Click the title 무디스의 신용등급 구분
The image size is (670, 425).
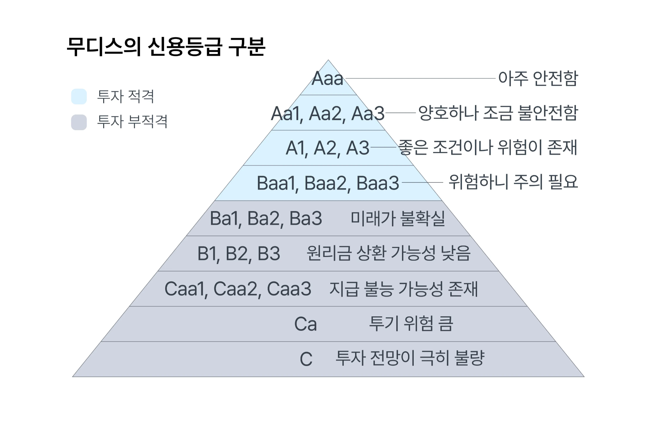pyautogui.click(x=166, y=47)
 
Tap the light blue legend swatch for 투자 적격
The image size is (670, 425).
pyautogui.click(x=79, y=97)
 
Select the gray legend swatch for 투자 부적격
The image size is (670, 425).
pyautogui.click(x=79, y=122)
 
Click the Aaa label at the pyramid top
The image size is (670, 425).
pyautogui.click(x=327, y=79)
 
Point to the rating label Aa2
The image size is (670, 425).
pyautogui.click(x=327, y=113)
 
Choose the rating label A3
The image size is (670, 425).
pyautogui.click(x=357, y=148)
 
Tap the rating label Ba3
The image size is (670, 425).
pyautogui.click(x=306, y=218)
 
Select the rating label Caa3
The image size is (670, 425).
pyautogui.click(x=289, y=289)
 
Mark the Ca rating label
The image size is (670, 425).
pyautogui.click(x=305, y=324)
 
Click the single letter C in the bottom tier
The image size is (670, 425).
pyautogui.click(x=306, y=359)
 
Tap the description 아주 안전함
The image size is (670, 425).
pyautogui.click(x=538, y=78)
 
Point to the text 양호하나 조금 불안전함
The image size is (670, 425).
pyautogui.click(x=498, y=113)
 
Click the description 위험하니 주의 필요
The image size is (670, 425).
pyautogui.click(x=513, y=182)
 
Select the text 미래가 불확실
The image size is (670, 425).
pyautogui.click(x=398, y=218)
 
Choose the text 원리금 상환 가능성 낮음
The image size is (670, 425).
pyautogui.click(x=389, y=253)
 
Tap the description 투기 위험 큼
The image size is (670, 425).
pyautogui.click(x=411, y=324)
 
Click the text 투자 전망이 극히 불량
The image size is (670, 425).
pyautogui.click(x=410, y=358)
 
